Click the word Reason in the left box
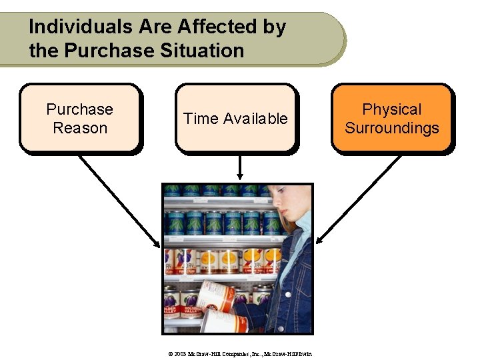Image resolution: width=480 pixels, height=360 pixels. pos(80,127)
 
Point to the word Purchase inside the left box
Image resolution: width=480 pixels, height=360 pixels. pos(80,109)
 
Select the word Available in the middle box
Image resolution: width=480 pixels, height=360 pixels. pos(255,119)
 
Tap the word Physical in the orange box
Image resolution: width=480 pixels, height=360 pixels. pos(392,109)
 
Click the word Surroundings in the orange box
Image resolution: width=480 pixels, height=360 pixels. pos(392,127)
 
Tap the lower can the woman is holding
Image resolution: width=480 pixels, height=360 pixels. pos(223,321)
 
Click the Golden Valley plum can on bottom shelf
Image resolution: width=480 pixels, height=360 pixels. pos(172,307)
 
